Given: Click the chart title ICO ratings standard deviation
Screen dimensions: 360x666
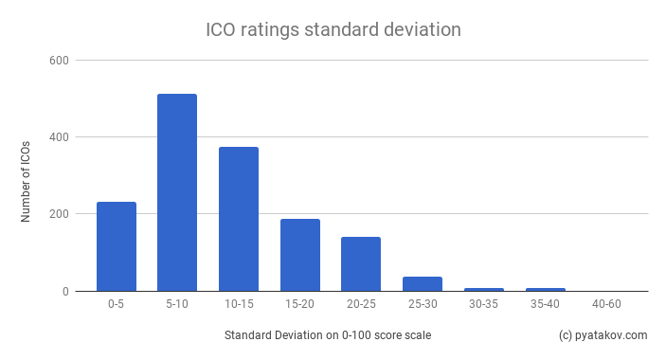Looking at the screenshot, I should (x=333, y=29).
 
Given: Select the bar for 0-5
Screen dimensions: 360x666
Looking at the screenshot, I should (x=117, y=246).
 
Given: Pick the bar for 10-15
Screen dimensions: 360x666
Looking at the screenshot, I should (x=239, y=219).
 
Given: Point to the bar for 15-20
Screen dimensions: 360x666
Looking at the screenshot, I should (x=299, y=255).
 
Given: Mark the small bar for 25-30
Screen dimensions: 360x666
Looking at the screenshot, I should (x=423, y=283).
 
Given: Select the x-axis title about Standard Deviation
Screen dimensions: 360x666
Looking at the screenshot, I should (x=329, y=335).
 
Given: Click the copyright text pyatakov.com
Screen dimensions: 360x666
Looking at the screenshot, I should (x=603, y=335).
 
